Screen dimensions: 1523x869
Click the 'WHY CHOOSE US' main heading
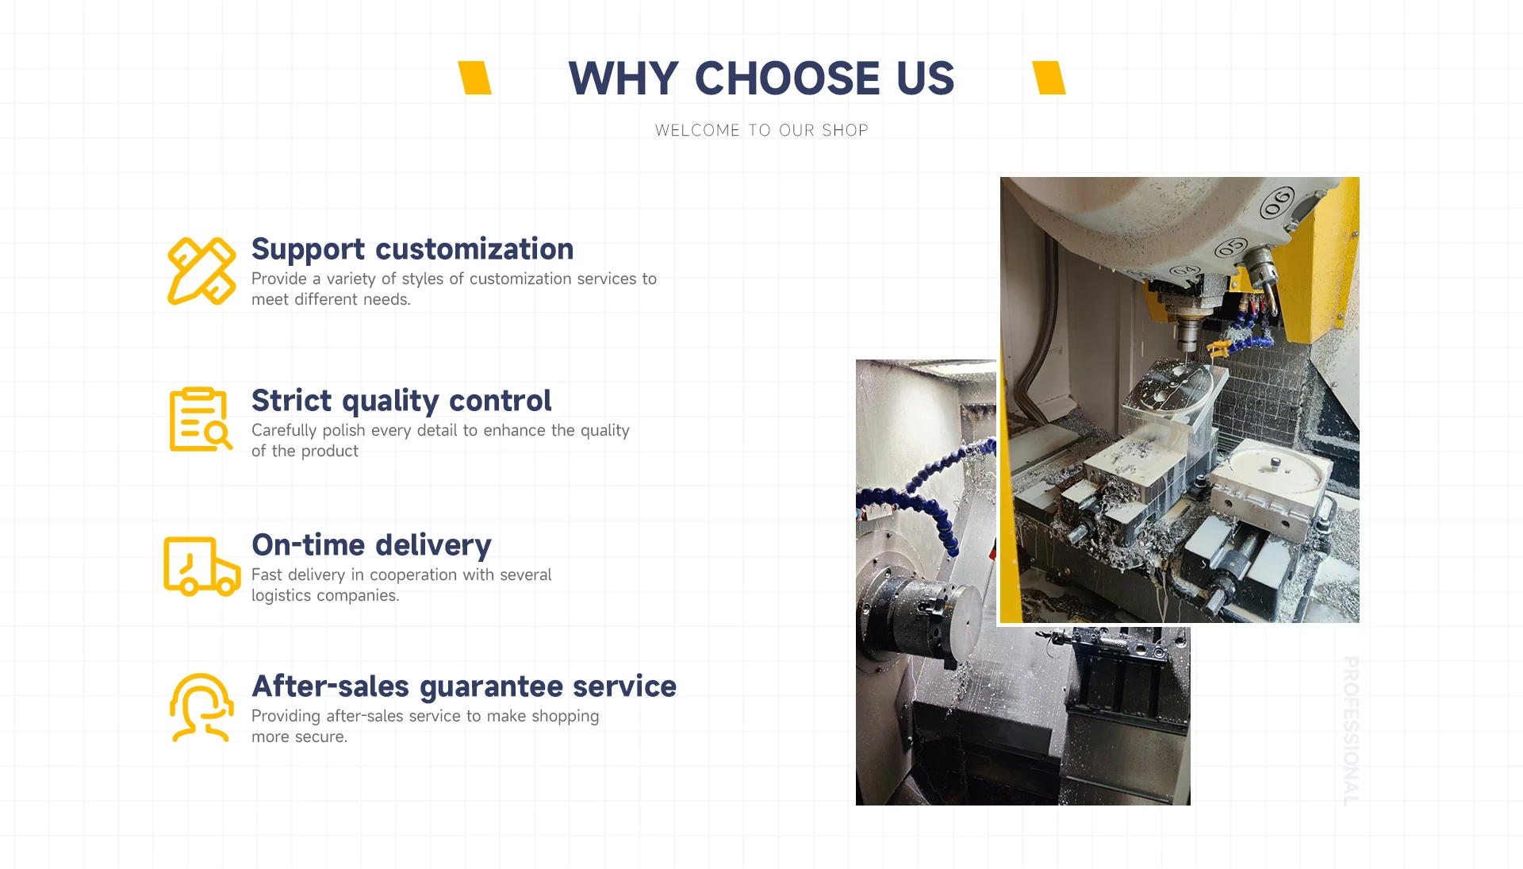(761, 79)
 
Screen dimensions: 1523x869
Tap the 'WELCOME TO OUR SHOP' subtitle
(761, 130)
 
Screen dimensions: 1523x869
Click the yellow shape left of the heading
(474, 78)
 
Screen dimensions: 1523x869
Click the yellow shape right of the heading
(1049, 78)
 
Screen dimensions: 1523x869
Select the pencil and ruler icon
(201, 271)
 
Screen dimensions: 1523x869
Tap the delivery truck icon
(201, 566)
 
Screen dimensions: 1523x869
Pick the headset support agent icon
(201, 708)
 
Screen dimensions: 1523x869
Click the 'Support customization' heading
(412, 249)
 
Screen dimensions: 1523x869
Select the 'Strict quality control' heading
(401, 401)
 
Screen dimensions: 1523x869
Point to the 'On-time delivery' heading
(371, 545)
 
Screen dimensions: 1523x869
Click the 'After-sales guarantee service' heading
(464, 686)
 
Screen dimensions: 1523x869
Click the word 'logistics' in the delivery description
(282, 596)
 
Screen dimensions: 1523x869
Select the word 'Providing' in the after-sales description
(286, 717)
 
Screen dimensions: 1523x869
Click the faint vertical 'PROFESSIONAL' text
(1350, 731)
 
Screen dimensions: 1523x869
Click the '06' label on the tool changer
(1278, 202)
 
